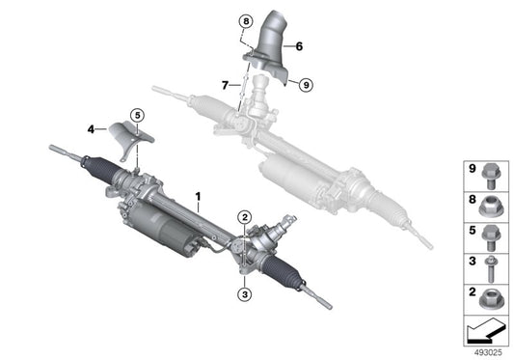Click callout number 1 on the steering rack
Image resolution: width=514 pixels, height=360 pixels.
coord(198,202)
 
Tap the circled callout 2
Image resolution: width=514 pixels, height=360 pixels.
coord(245,217)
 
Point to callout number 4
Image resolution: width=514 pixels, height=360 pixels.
coord(90,126)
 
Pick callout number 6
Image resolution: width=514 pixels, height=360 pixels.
coord(299,44)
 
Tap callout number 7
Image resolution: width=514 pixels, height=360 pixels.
coord(224,85)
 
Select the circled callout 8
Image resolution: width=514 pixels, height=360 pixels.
coord(245,21)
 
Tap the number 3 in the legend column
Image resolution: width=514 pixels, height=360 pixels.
coord(471,261)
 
